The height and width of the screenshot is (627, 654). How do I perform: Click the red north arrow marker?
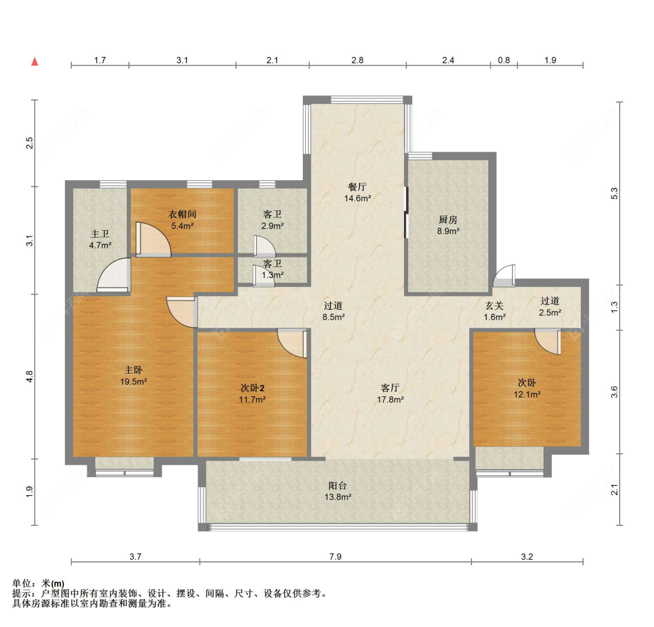coord(35,62)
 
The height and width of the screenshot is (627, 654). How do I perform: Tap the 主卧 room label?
coord(134,370)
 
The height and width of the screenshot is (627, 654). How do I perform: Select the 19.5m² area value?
coord(134,381)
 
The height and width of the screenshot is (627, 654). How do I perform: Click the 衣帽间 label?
coord(183,214)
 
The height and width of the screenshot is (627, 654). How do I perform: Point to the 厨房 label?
coord(448,219)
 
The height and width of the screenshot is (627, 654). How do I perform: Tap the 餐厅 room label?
coord(358,187)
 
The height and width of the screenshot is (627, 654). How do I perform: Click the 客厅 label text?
coord(390,388)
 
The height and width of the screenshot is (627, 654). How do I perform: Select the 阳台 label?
coord(337,486)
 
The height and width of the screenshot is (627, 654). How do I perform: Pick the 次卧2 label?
coord(252,388)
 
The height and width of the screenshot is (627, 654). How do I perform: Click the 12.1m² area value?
coord(527,395)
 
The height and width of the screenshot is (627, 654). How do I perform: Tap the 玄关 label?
coord(495,306)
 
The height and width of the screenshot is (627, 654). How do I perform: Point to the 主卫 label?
coord(100,234)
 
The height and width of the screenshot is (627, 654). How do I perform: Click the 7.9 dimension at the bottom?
coord(335,557)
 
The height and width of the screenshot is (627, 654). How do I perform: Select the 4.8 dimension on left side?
coord(29,377)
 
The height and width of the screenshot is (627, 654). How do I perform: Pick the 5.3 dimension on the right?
coord(614,193)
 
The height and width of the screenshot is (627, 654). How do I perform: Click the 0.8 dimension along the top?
coord(504,60)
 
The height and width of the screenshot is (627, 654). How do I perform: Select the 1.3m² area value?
coord(273,275)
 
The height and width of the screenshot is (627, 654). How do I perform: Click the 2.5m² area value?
coord(550,312)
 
